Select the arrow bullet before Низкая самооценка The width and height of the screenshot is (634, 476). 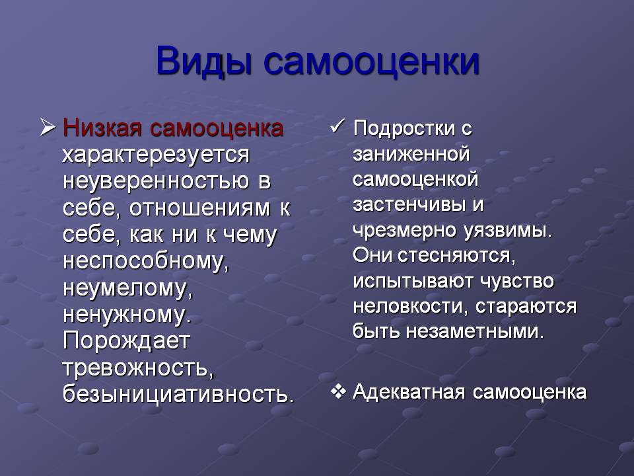point(48,127)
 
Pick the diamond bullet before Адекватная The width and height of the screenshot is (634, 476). point(338,392)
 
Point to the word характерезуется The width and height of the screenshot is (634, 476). point(156,155)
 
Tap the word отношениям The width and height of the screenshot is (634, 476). point(200,208)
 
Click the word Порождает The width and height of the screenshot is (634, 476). point(127,341)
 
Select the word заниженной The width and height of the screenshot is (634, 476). point(411,154)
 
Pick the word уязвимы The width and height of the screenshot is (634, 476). point(507,231)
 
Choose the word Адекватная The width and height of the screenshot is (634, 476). point(409,392)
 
